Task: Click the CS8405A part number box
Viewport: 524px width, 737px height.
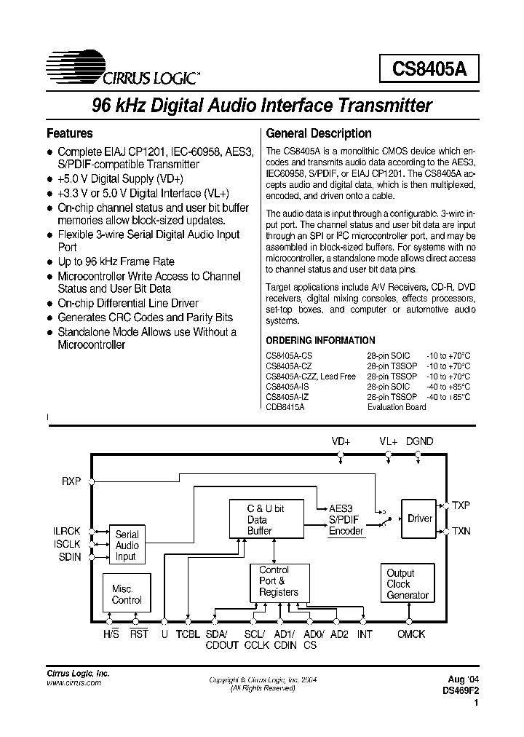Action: click(429, 69)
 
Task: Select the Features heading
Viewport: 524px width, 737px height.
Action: click(70, 133)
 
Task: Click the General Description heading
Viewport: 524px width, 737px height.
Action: click(319, 133)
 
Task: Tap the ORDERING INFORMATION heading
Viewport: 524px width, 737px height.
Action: click(320, 340)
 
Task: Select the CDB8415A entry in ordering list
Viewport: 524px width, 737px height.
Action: click(285, 407)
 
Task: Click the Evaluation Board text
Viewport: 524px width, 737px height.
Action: click(397, 407)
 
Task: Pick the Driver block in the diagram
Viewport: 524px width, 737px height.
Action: click(419, 519)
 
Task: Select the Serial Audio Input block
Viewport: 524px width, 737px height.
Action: click(127, 545)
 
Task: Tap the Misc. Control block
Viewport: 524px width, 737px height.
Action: click(127, 594)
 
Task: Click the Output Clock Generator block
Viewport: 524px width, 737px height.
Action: click(407, 584)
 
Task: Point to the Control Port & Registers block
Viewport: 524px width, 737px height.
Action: click(278, 581)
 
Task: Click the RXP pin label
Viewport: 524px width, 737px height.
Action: click(71, 481)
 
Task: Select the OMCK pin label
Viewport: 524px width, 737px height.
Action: click(411, 634)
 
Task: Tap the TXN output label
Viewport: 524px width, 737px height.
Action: click(461, 532)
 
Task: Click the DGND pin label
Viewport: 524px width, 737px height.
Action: click(419, 442)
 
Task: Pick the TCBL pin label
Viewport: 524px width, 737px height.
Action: click(188, 634)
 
